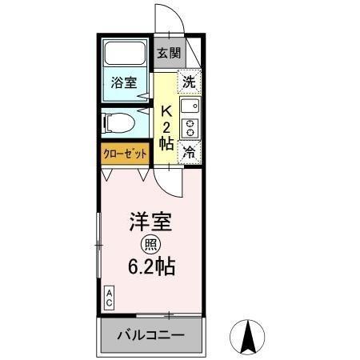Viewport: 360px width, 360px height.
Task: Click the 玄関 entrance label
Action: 168,54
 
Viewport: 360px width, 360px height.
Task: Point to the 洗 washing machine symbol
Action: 190,80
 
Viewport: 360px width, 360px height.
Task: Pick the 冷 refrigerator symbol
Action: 190,151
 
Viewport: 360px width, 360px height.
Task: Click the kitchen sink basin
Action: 190,106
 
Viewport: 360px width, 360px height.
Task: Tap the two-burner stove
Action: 190,127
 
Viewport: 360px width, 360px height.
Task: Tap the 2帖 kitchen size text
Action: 167,134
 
